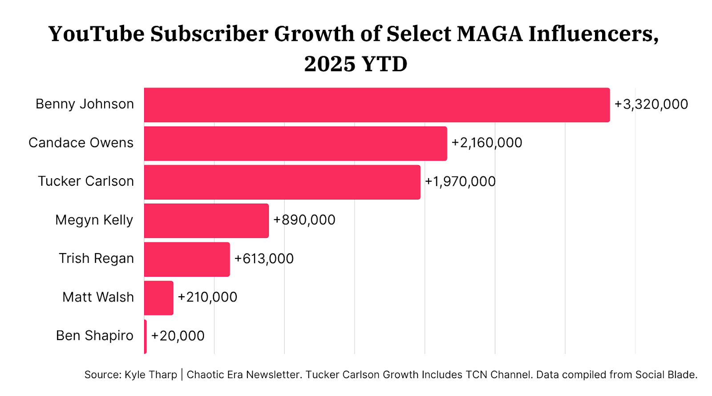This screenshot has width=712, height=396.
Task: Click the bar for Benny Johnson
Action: coord(376,105)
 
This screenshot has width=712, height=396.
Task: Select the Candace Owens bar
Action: coord(295,143)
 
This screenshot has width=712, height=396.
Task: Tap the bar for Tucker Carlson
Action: coord(282,182)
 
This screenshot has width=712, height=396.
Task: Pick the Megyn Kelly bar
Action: coord(206,220)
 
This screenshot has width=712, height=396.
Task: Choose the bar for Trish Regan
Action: coord(187,259)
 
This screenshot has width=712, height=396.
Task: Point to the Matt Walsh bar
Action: coord(159,298)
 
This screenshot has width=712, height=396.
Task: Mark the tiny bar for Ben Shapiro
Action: coord(146,336)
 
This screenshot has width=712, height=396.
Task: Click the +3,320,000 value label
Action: coord(651,104)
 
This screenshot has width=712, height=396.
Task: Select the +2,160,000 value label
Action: coord(487,143)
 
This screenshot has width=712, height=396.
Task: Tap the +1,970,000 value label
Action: coord(460,182)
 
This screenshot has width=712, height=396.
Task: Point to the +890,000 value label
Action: coord(304,220)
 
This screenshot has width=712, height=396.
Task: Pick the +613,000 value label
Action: coord(264,259)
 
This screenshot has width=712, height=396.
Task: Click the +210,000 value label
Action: coord(207,297)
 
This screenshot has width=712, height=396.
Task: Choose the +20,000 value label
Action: coord(178,336)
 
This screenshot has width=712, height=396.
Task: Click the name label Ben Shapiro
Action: coord(95,335)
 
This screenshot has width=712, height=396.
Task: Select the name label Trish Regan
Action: coord(96,258)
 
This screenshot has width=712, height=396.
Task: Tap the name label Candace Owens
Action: coord(81,143)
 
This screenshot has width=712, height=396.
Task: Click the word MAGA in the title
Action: coord(489,34)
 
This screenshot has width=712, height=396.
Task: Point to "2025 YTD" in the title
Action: coord(356,64)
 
